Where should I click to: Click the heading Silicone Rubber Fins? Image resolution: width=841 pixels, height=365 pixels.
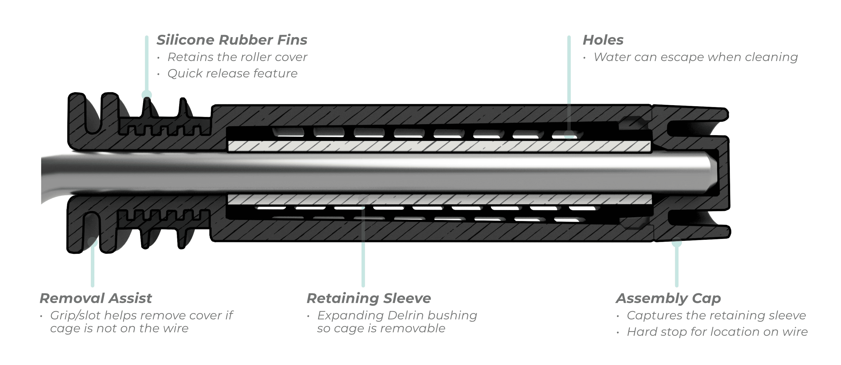(232, 40)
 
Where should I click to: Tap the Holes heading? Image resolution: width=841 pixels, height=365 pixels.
(603, 40)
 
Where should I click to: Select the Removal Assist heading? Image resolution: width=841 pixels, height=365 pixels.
(96, 298)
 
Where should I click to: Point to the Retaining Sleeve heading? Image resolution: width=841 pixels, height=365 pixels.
(369, 298)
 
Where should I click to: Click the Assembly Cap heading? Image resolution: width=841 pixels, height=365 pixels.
(668, 298)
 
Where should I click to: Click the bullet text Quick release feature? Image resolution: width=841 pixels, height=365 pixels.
(232, 73)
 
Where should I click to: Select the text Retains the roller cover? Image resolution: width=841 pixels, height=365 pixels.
(237, 57)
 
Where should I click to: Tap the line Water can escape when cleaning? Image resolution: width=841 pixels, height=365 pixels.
(696, 57)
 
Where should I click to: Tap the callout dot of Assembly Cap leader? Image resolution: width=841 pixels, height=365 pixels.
(677, 242)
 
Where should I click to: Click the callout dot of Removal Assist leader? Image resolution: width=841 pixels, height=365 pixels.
(93, 242)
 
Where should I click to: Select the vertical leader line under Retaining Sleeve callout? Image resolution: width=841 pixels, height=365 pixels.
(363, 248)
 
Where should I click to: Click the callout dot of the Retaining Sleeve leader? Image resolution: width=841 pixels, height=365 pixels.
(363, 198)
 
